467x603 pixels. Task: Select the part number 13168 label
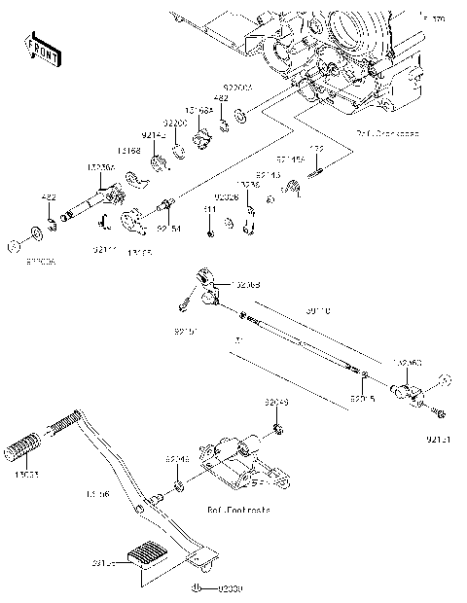[129, 151]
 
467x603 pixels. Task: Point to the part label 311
[209, 209]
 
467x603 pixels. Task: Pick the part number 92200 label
[174, 124]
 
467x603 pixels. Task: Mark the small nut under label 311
[210, 232]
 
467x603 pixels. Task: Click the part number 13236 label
[248, 184]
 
